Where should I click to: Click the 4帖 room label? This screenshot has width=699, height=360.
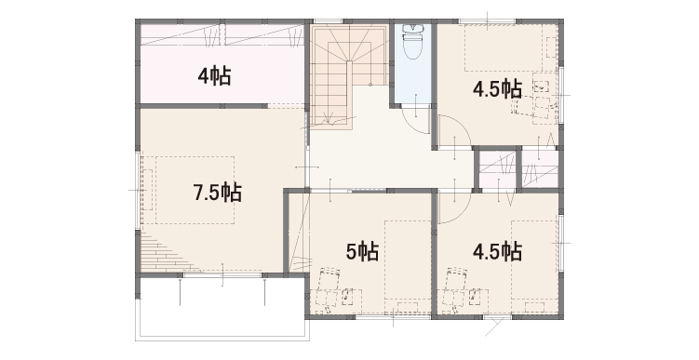[x=214, y=76]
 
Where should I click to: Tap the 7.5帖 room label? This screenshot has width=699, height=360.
[x=218, y=193]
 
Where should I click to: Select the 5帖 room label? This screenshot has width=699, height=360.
[x=362, y=252]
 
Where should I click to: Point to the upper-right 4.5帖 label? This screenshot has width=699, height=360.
[x=498, y=89]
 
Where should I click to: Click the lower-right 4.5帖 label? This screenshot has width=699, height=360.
[x=498, y=252]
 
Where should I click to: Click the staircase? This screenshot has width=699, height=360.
[x=348, y=75]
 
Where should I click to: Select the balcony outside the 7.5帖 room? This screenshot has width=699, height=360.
[x=222, y=308]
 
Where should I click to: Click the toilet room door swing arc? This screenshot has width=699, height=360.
[x=411, y=124]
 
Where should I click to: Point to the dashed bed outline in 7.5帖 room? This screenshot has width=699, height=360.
[x=195, y=190]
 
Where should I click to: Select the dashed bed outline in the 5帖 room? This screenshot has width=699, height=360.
[x=408, y=266]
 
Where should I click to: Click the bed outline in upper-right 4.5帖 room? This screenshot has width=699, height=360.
[x=504, y=47]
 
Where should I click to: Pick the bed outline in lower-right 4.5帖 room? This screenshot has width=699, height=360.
[x=534, y=266]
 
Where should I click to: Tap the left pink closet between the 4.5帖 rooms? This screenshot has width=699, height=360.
[x=498, y=169]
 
